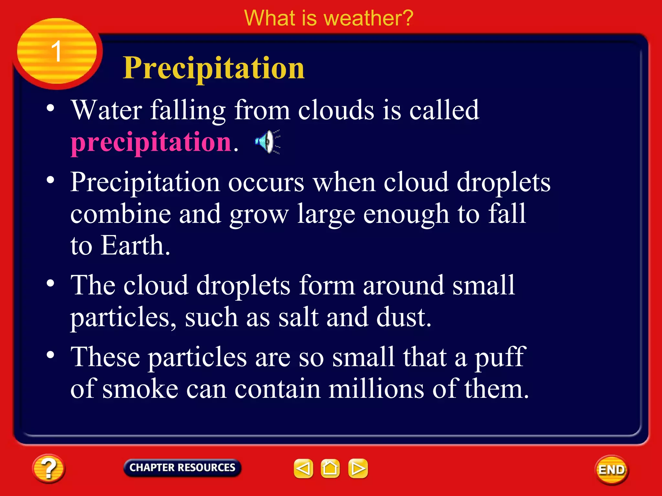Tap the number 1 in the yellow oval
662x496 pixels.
(57, 51)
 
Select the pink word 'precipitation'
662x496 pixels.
(151, 142)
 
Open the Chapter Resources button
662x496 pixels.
(182, 468)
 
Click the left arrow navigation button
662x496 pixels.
(303, 468)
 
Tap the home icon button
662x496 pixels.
(330, 468)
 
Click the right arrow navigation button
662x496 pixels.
(358, 468)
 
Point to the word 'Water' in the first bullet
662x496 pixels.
(107, 110)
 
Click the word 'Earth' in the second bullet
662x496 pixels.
(135, 245)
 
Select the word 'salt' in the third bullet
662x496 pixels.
(298, 317)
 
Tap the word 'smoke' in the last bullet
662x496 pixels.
(140, 389)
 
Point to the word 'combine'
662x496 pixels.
(120, 214)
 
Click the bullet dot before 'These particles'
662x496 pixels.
(50, 355)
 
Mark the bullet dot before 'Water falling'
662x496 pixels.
(50, 108)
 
